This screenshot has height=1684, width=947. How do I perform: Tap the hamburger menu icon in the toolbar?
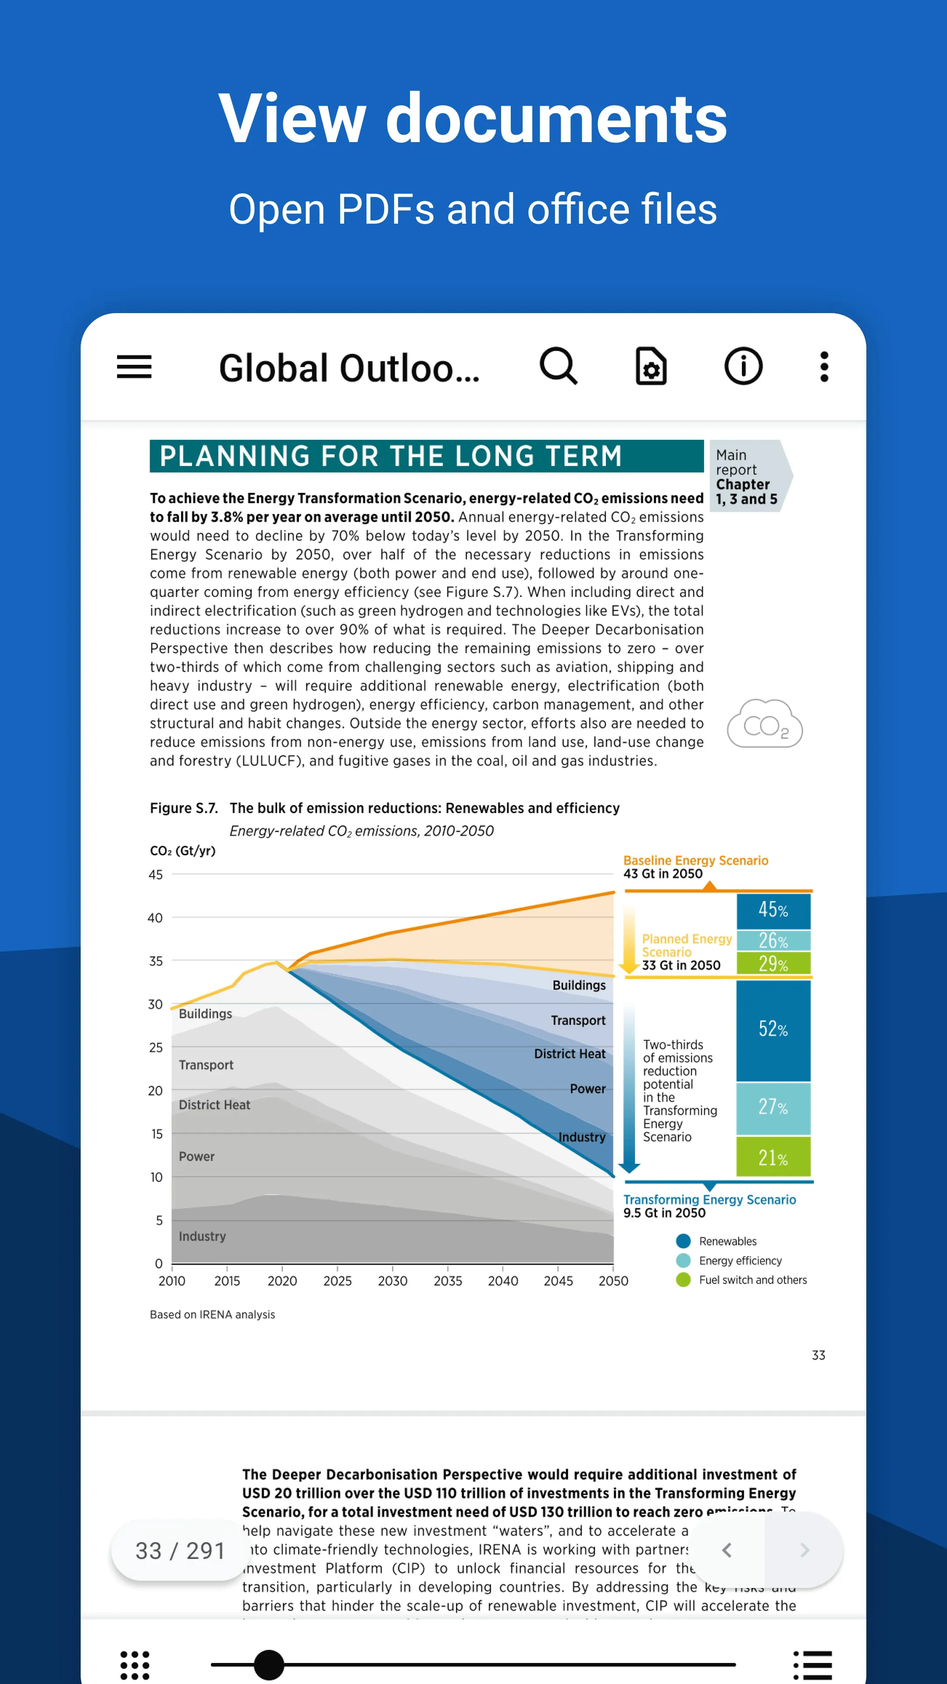pyautogui.click(x=134, y=366)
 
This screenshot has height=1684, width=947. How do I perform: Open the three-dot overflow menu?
pyautogui.click(x=824, y=366)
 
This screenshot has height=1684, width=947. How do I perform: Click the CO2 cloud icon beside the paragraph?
pyautogui.click(x=765, y=723)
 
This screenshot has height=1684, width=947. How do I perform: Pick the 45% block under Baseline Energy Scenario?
pyautogui.click(x=773, y=910)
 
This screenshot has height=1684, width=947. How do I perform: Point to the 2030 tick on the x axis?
pyautogui.click(x=392, y=1280)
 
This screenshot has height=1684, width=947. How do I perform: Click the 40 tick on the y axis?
pyautogui.click(x=155, y=918)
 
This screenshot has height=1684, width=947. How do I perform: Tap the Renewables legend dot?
pyautogui.click(x=684, y=1241)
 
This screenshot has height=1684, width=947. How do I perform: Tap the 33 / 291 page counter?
pyautogui.click(x=180, y=1550)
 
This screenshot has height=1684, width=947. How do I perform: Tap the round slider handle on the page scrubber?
pyautogui.click(x=269, y=1664)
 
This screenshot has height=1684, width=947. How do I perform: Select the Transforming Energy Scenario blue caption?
pyautogui.click(x=709, y=1199)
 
